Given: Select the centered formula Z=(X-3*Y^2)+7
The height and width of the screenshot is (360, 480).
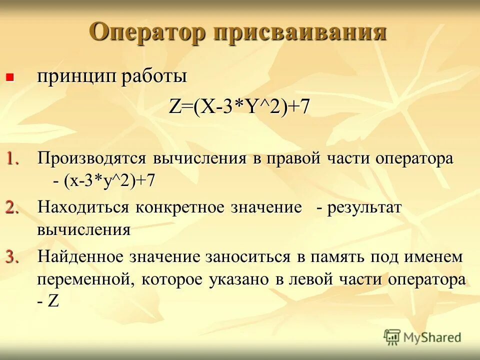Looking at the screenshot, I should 239,107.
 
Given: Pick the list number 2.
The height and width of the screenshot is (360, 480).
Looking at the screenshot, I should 13,207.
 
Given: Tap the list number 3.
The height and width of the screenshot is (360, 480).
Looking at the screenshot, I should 13,257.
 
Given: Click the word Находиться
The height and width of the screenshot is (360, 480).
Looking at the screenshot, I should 82,207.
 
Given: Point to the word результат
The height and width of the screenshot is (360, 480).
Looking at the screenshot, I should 364,207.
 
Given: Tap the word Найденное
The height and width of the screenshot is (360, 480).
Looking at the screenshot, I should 80,257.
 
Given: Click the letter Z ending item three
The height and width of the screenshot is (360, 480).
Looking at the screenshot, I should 53,302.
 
